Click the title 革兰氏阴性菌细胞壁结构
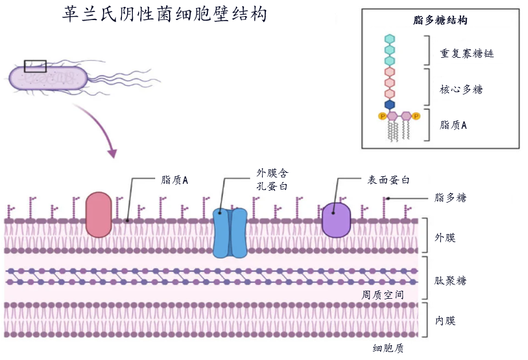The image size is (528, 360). [165, 14]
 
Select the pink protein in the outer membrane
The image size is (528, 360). [98, 215]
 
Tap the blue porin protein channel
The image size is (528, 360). [230, 232]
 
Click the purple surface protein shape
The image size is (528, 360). [336, 220]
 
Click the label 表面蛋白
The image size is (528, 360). [388, 180]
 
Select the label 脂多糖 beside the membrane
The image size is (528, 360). [450, 197]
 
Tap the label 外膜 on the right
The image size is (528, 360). [445, 237]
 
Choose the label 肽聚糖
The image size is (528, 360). [450, 280]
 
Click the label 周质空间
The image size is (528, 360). [383, 295]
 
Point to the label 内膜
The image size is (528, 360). [445, 321]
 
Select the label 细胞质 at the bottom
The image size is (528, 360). [388, 347]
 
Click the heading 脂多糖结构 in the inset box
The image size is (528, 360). [440, 21]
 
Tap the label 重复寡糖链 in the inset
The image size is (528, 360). [467, 53]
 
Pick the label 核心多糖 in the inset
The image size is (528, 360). [461, 89]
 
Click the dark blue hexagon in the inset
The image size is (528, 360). [390, 105]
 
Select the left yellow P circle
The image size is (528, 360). [382, 116]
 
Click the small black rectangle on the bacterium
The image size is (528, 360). [35, 66]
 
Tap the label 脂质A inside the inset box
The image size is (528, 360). [453, 125]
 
